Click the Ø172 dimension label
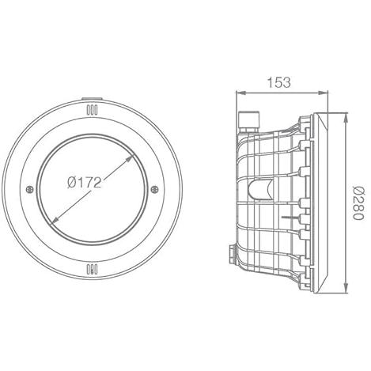84,182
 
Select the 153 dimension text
279,82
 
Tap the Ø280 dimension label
358,203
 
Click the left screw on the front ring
29,189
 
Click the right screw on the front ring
154,189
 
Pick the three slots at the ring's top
92,110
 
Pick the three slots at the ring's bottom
92,269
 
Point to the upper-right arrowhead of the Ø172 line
129,158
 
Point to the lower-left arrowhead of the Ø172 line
55,221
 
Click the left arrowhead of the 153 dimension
240,93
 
